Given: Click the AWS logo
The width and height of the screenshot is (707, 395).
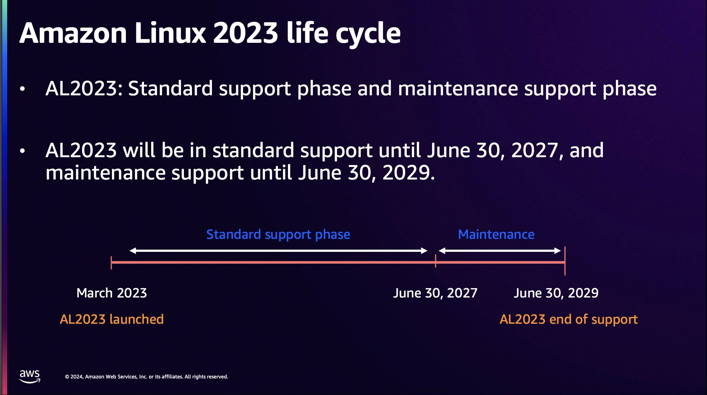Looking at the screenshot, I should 30,376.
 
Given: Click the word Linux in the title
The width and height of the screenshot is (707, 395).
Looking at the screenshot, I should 170,33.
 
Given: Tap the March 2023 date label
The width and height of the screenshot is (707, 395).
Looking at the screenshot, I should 112,293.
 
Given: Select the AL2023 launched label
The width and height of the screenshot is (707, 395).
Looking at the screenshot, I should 112,319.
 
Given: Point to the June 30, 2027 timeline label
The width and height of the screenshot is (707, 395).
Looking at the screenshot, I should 435,293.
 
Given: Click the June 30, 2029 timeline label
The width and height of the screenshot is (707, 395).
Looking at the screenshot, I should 556,293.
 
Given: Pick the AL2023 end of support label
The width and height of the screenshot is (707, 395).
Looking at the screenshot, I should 568,319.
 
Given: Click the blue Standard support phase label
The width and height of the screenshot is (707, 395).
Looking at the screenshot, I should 278,235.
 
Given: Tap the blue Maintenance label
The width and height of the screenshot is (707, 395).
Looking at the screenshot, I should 496,235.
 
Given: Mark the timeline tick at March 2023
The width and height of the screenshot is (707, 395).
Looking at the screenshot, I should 111,263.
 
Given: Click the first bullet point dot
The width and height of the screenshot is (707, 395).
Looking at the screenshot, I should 22,89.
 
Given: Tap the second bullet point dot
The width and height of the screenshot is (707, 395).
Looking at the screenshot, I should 22,151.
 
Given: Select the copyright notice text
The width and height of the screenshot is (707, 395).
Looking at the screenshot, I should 146,377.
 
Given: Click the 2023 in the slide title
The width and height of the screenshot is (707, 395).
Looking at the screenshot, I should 246,33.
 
